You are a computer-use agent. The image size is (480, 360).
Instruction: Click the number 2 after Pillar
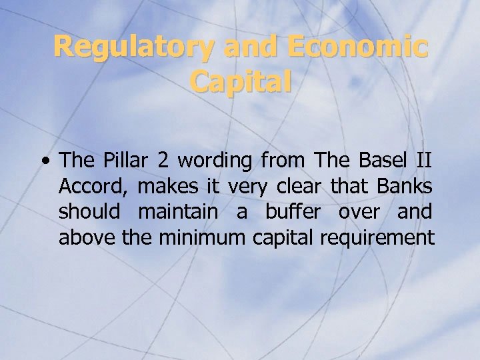coord(163,160)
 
